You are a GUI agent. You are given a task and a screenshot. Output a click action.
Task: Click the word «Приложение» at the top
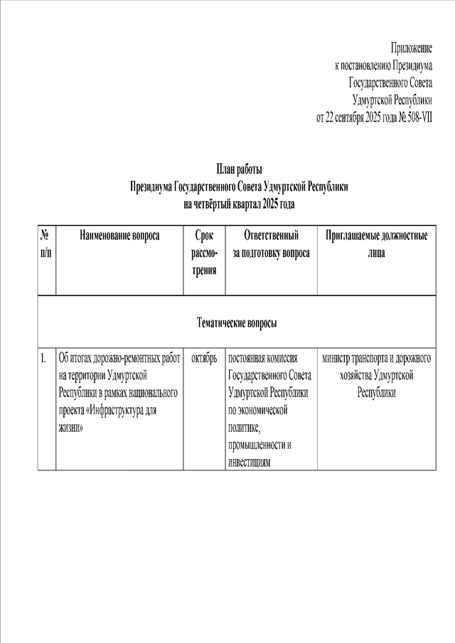(x=411, y=48)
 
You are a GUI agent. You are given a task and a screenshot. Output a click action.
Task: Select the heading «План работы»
(x=239, y=169)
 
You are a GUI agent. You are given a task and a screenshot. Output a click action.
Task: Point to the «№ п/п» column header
(x=45, y=244)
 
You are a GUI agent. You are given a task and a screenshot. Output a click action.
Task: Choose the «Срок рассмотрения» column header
(x=204, y=252)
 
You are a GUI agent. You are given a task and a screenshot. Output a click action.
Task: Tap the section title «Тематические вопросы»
(x=237, y=323)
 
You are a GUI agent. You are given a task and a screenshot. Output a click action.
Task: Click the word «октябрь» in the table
(x=204, y=358)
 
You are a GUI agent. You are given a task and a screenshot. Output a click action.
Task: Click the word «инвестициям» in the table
(x=250, y=463)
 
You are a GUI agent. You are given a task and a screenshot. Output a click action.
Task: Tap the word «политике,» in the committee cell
(x=244, y=428)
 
